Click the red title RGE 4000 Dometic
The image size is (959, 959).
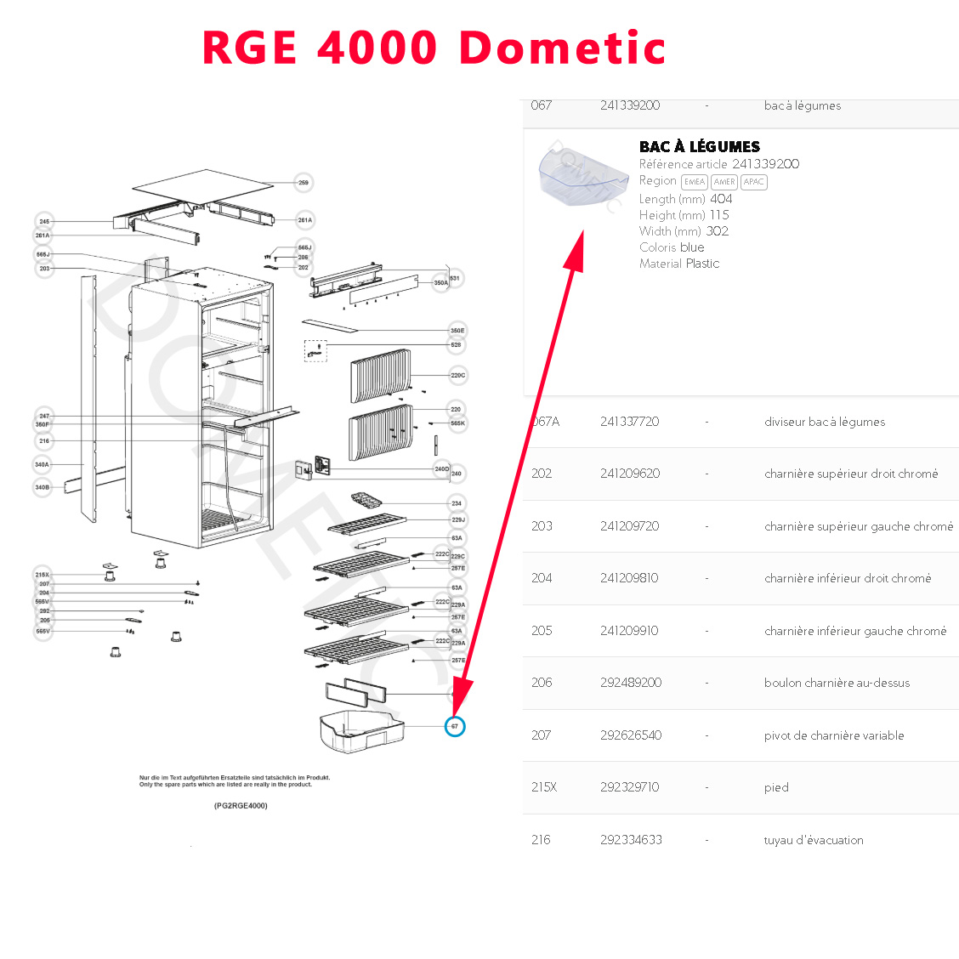[x=434, y=48]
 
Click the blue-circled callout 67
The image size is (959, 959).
[x=455, y=726]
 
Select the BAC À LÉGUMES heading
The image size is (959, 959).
[x=699, y=146]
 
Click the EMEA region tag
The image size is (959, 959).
[x=695, y=182]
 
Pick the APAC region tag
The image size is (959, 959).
[x=753, y=182]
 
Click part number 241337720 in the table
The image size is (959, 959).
[x=629, y=422]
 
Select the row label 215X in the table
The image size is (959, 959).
[x=544, y=787]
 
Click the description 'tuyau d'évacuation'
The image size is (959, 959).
[x=814, y=840]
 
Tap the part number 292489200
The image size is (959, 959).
[x=630, y=683]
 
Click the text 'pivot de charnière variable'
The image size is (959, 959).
[x=833, y=735]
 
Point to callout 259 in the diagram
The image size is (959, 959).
[x=304, y=183]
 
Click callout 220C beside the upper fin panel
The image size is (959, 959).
[x=457, y=375]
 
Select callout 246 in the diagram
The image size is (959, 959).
[x=44, y=221]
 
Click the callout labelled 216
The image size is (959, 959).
[x=44, y=441]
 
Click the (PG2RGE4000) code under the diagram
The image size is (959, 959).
[x=241, y=805]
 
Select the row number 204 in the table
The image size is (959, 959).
[x=542, y=578]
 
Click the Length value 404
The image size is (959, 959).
[x=721, y=199]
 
